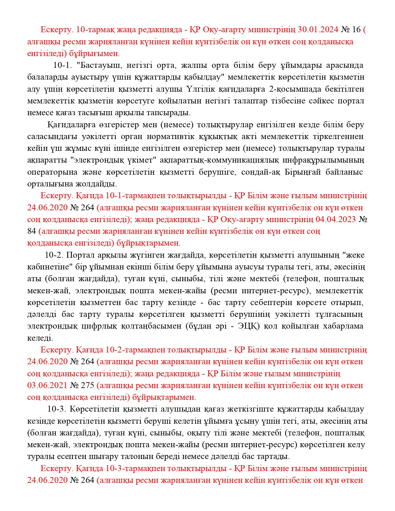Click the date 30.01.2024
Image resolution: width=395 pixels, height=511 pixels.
click(318, 29)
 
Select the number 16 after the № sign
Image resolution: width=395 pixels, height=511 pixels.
click(357, 29)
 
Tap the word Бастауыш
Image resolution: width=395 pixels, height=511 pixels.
click(99, 65)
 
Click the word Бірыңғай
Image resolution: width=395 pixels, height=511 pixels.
click(302, 172)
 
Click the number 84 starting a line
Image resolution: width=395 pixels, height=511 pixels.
click(32, 231)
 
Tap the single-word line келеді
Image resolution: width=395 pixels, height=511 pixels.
click(40, 338)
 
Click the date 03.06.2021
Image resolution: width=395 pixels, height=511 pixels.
click(47, 386)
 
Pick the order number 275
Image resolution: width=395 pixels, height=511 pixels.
click(87, 386)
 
